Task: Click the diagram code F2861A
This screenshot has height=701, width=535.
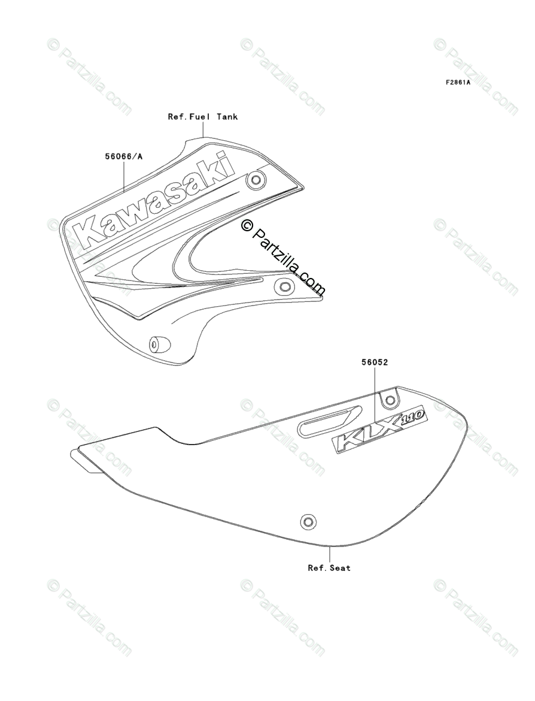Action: click(x=457, y=83)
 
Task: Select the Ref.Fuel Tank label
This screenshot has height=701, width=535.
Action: click(x=202, y=117)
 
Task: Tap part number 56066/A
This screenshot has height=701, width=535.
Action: click(x=124, y=157)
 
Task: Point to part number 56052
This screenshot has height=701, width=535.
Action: click(x=375, y=362)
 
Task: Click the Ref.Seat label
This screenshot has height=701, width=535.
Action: click(x=329, y=567)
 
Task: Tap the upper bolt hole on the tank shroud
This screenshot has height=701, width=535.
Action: click(x=257, y=179)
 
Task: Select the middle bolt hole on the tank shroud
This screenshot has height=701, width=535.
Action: click(x=284, y=287)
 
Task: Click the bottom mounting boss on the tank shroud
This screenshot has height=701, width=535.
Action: click(x=159, y=345)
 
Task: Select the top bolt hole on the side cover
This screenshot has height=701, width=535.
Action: click(x=390, y=400)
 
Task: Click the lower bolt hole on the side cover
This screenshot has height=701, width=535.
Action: click(x=308, y=521)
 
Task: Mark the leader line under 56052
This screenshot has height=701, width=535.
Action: click(x=375, y=395)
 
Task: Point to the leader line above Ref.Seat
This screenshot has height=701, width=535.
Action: click(x=329, y=554)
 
